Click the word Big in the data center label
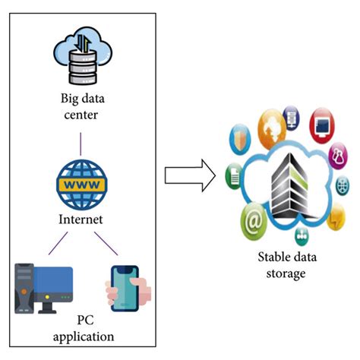71,98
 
